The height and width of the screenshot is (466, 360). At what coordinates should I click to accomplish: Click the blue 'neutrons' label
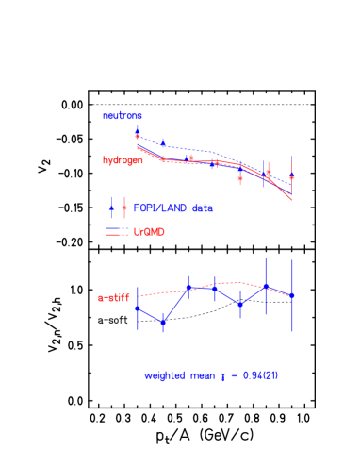(123, 116)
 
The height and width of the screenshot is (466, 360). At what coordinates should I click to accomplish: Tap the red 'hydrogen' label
(123, 160)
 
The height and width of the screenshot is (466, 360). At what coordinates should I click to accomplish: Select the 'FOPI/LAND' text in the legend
(159, 208)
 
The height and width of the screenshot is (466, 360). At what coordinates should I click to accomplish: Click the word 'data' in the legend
(202, 208)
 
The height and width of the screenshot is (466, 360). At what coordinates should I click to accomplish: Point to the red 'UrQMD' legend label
(149, 231)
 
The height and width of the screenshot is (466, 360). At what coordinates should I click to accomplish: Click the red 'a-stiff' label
(114, 298)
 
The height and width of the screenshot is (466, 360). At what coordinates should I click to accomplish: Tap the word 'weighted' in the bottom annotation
(164, 375)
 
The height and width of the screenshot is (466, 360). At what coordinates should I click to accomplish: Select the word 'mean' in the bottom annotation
(202, 375)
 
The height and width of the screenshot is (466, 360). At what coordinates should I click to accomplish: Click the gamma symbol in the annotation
(223, 376)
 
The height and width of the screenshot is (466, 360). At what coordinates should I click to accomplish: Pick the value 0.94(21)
(260, 375)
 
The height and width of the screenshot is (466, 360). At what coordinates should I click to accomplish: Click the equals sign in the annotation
(234, 375)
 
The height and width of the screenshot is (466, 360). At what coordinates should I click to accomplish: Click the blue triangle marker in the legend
(112, 208)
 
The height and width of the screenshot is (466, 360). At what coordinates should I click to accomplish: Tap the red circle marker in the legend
(124, 208)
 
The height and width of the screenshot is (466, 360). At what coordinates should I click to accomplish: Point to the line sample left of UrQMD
(117, 230)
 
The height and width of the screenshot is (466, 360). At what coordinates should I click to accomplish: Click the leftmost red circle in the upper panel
(138, 137)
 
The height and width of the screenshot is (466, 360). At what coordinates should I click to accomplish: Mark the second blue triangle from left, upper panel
(163, 143)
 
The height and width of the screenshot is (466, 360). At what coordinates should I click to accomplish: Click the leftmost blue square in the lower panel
(138, 308)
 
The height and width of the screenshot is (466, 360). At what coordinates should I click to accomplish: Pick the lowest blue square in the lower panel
(163, 323)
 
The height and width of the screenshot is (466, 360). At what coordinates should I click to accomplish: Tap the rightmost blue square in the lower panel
(292, 295)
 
